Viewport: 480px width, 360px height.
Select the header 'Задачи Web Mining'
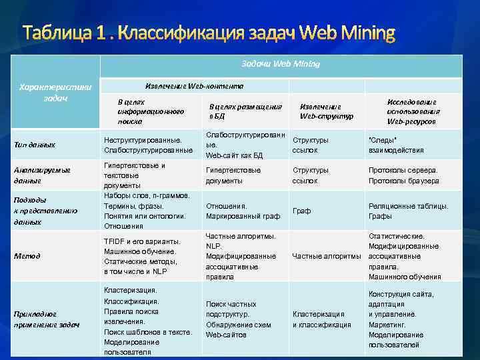tap(281, 64)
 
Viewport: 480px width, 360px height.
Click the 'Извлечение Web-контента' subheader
tap(194, 86)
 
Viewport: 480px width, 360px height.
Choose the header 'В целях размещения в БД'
tap(245, 111)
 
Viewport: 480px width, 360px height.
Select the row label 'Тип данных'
tap(35, 145)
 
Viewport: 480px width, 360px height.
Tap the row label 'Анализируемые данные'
tap(42, 175)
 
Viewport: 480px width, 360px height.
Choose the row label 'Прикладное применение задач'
tap(47, 319)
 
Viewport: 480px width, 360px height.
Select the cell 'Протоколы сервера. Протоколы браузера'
tap(403, 175)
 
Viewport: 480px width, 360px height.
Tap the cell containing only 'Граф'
tap(302, 211)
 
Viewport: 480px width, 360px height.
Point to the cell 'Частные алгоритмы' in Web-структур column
tap(327, 256)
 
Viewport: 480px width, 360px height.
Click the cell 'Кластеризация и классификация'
tap(321, 319)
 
